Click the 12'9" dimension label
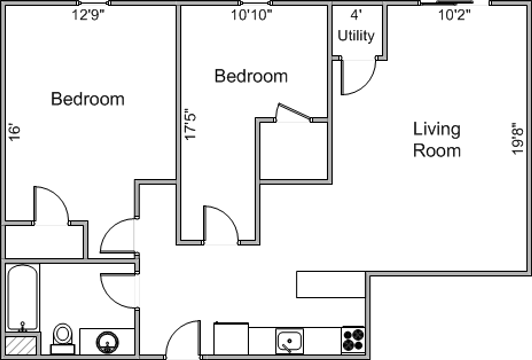point(88,15)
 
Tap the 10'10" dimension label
point(251,15)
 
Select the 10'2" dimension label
point(454,15)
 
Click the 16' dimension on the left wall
point(14,132)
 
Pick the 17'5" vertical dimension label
point(190,124)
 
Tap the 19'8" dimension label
point(518,139)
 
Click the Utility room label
point(356,36)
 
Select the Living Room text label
point(437,140)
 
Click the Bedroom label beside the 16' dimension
point(88,99)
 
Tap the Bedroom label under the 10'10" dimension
point(251,76)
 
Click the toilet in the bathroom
point(63,339)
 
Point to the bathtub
point(23,298)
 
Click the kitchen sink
point(290,341)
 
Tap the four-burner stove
point(353,340)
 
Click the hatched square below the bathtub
point(21,346)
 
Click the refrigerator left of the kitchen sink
point(231,339)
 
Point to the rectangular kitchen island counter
point(331,284)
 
